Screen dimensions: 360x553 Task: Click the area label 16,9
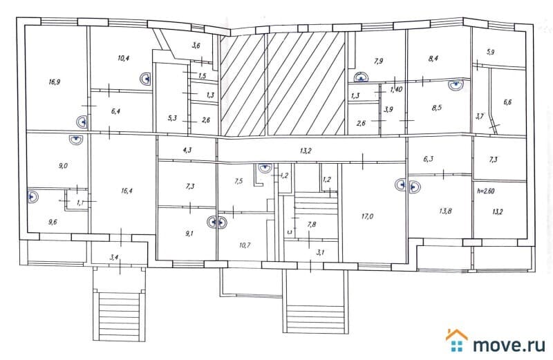pos(55,82)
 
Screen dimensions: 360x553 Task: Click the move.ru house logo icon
pos(456,340)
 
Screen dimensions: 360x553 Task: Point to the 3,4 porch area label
pos(115,258)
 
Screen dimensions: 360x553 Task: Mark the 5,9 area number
pos(491,52)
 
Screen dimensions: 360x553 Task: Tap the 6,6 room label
pos(508,102)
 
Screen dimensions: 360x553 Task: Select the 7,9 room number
pos(378,61)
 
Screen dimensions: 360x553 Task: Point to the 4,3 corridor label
pos(187,149)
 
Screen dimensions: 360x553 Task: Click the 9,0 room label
pos(63,166)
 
